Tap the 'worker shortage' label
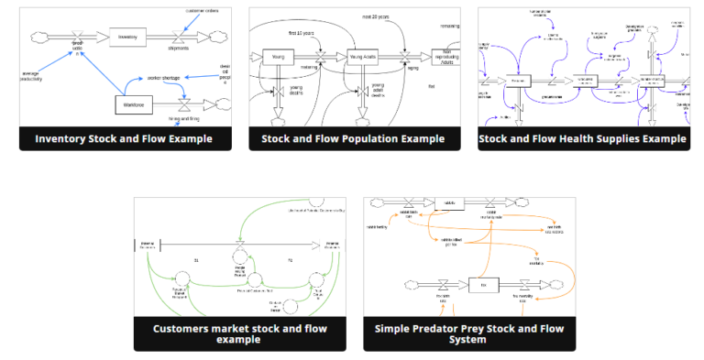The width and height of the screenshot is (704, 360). click(164, 79)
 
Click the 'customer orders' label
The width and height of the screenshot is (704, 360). click(203, 11)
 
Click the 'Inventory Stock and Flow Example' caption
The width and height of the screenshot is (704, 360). click(124, 139)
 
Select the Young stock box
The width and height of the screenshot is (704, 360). click(277, 58)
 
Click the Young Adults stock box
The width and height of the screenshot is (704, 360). click(364, 58)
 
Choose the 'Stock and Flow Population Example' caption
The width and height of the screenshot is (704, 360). click(353, 139)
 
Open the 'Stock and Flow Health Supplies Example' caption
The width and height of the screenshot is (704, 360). click(583, 139)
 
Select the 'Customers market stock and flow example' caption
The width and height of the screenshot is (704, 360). click(239, 333)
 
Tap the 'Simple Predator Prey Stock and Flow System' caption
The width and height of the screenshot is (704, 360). click(468, 333)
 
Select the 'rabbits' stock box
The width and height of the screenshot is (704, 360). click(450, 203)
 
